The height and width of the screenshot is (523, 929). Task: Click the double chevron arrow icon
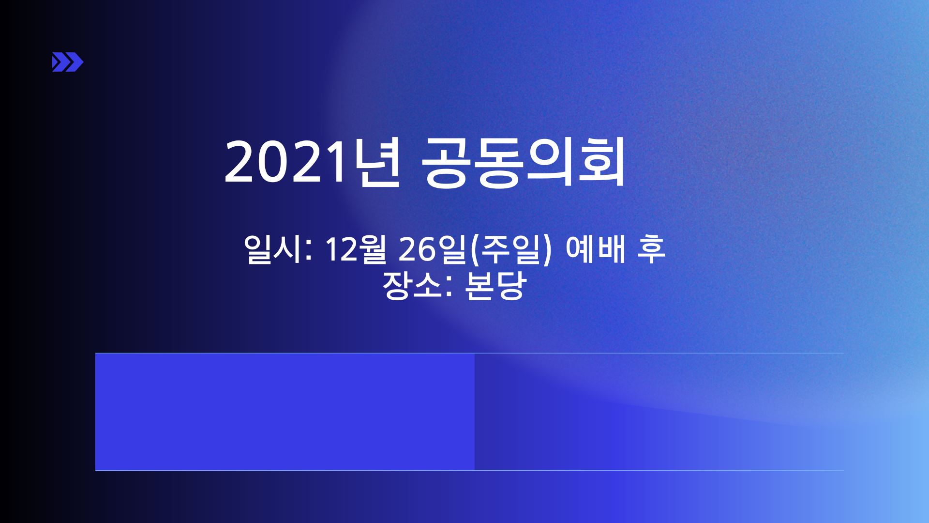point(68,62)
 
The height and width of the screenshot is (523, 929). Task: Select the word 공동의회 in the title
point(524,162)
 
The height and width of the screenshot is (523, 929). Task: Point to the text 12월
point(356,249)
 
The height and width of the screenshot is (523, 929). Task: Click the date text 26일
point(433,249)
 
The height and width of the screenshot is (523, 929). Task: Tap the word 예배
point(596,249)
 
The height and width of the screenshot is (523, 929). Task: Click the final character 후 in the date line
point(651,249)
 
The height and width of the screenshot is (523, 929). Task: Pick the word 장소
point(412,285)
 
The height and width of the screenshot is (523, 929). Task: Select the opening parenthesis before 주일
point(474,250)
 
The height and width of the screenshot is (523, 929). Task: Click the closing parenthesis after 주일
point(547,250)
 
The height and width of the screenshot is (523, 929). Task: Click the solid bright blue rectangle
point(285,412)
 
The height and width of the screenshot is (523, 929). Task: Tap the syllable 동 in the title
point(499,162)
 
